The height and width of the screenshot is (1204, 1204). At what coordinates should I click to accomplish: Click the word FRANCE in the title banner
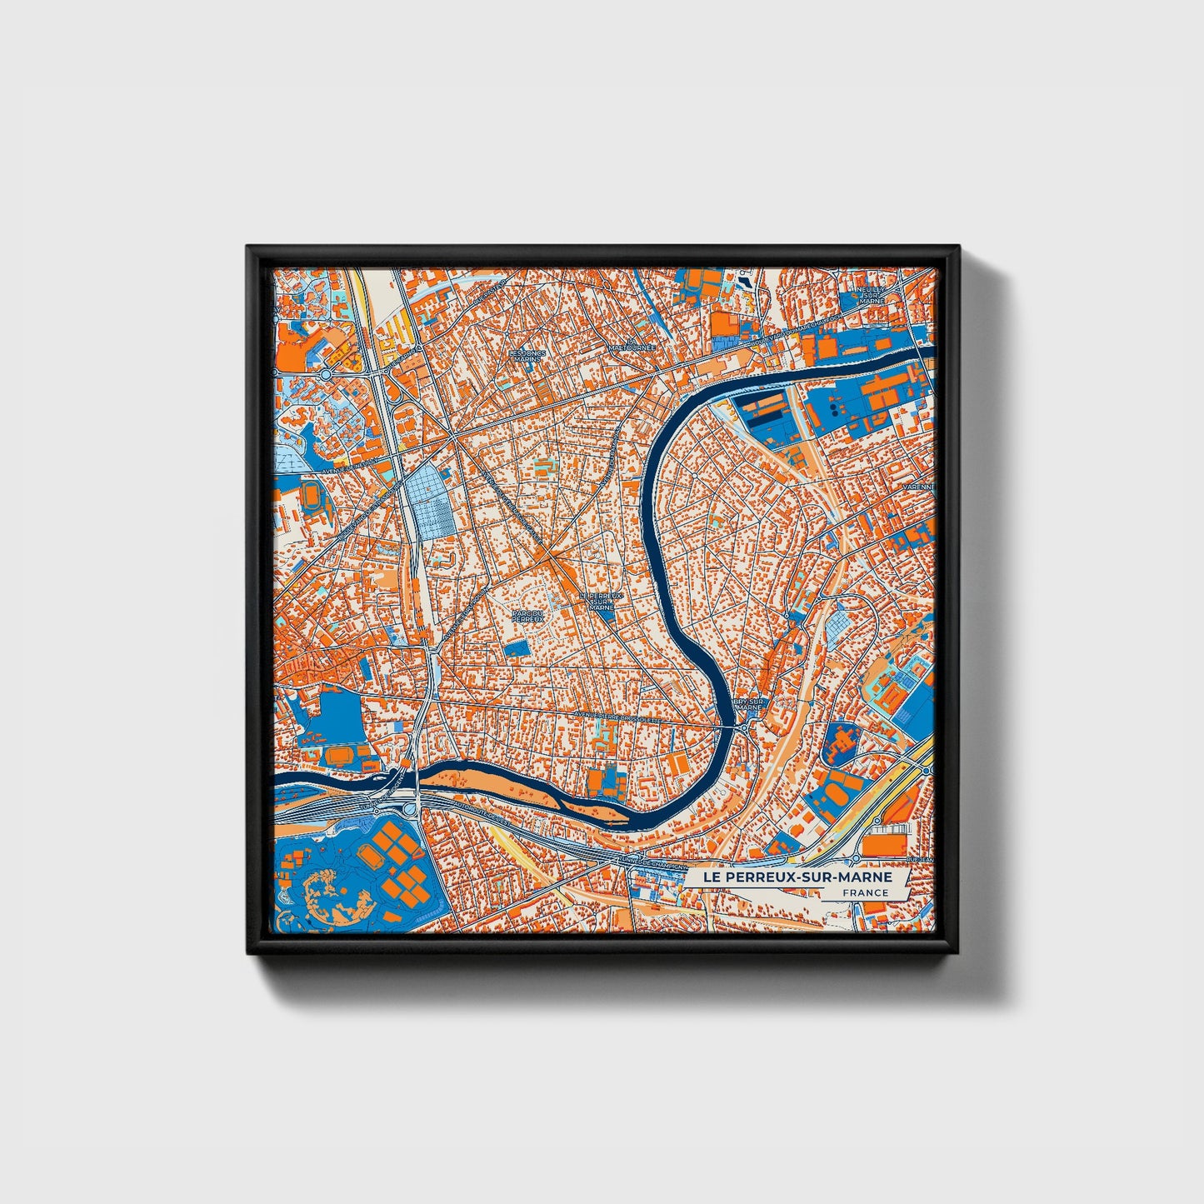coord(865,892)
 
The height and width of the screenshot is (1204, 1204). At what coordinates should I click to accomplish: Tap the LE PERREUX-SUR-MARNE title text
coord(797,877)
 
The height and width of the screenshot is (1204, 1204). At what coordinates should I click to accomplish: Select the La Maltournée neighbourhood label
coord(632,347)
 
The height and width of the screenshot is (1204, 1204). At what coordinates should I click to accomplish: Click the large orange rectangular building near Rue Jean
coord(884,844)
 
